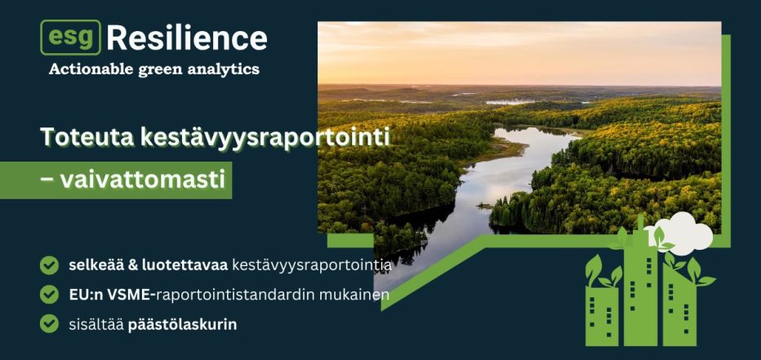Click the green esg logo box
click(x=70, y=38)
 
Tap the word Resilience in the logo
click(x=187, y=38)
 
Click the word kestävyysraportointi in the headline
click(x=265, y=138)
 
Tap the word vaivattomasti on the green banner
click(x=143, y=180)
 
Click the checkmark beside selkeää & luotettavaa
click(x=49, y=265)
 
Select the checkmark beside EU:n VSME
click(x=49, y=295)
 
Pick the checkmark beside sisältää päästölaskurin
click(x=49, y=323)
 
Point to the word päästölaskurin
click(x=182, y=325)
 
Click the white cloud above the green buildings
click(x=680, y=233)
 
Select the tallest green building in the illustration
click(x=640, y=286)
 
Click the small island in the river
click(x=485, y=206)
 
